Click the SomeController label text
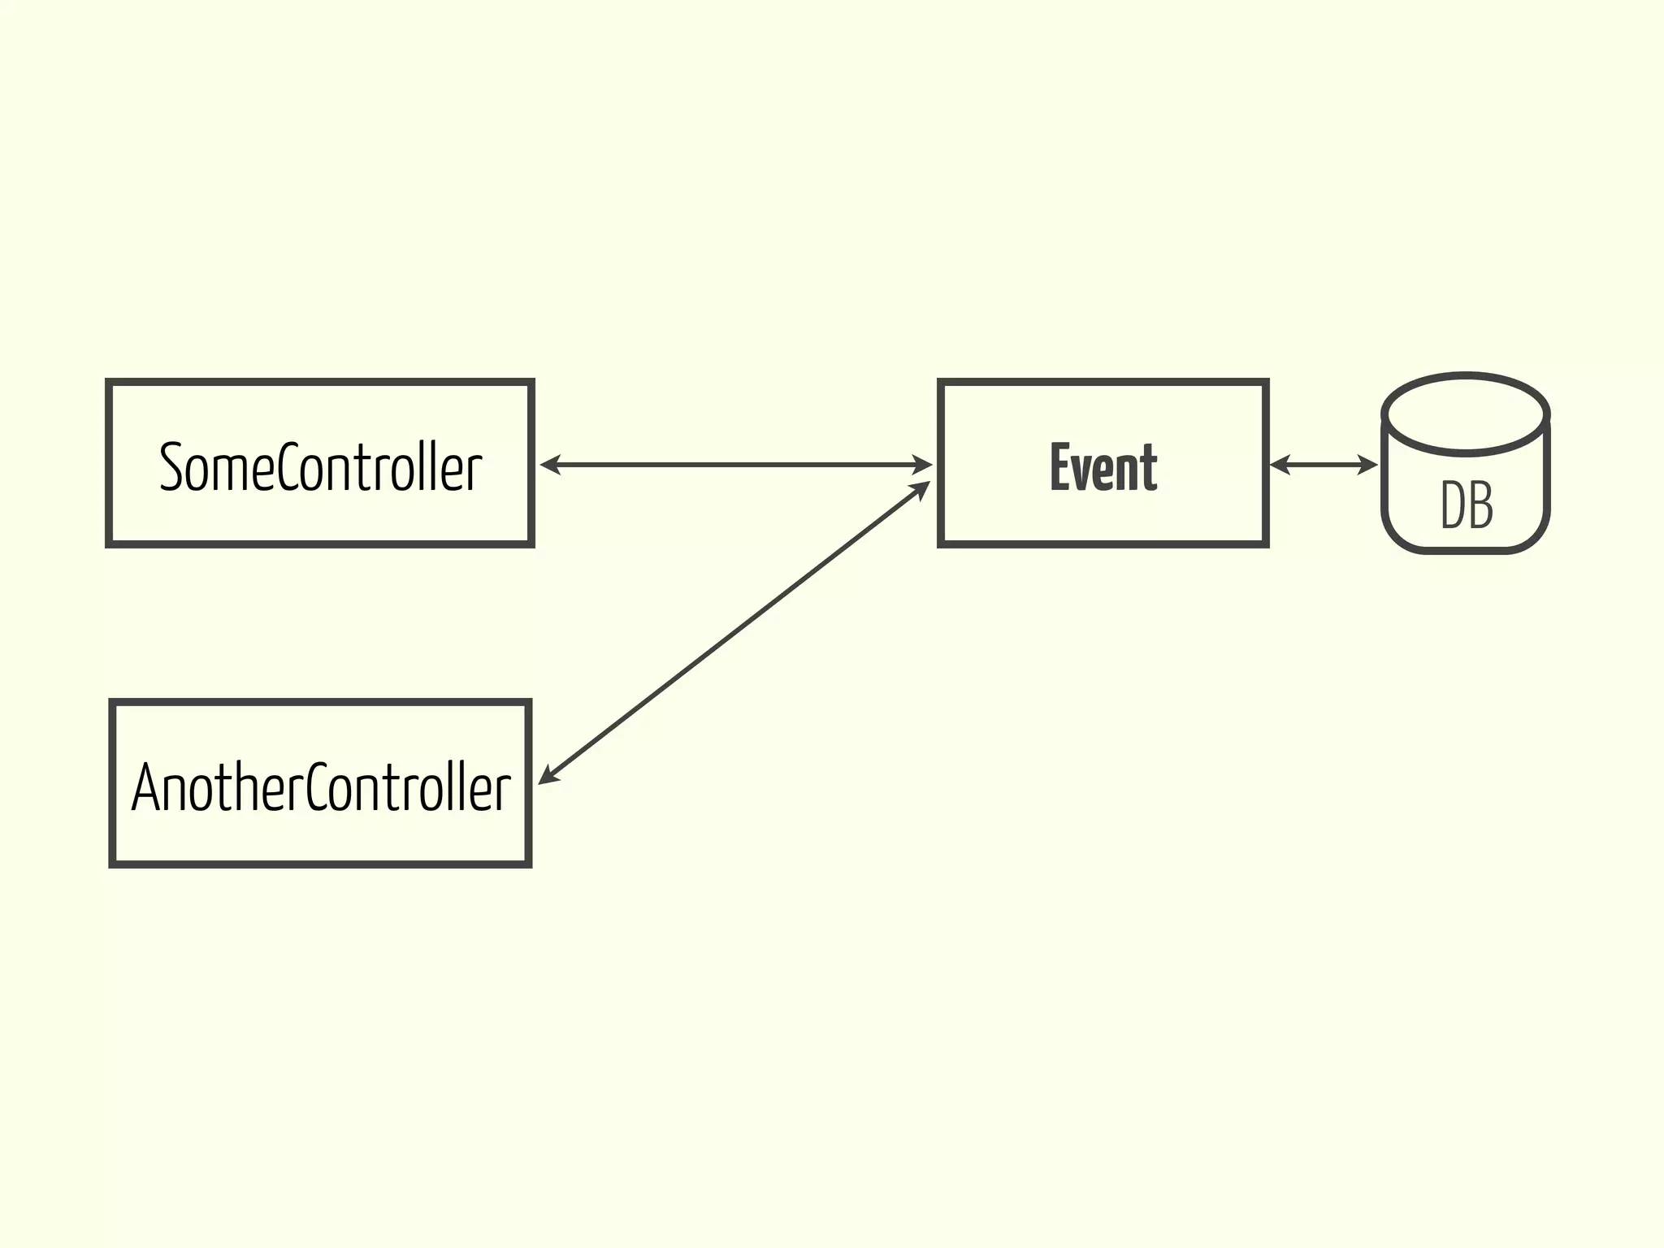tap(320, 467)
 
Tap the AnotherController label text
tap(321, 787)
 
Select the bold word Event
tap(1103, 467)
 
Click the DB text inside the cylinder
tap(1467, 505)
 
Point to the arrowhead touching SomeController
tap(550, 465)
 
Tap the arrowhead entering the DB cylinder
tap(1368, 465)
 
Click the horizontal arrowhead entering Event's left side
tap(922, 465)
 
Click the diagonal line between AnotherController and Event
tap(735, 631)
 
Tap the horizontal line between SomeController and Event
tap(735, 465)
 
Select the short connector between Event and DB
tap(1324, 465)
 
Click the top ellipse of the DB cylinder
tap(1466, 414)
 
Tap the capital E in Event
tap(1060, 467)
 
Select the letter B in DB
tap(1480, 505)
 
